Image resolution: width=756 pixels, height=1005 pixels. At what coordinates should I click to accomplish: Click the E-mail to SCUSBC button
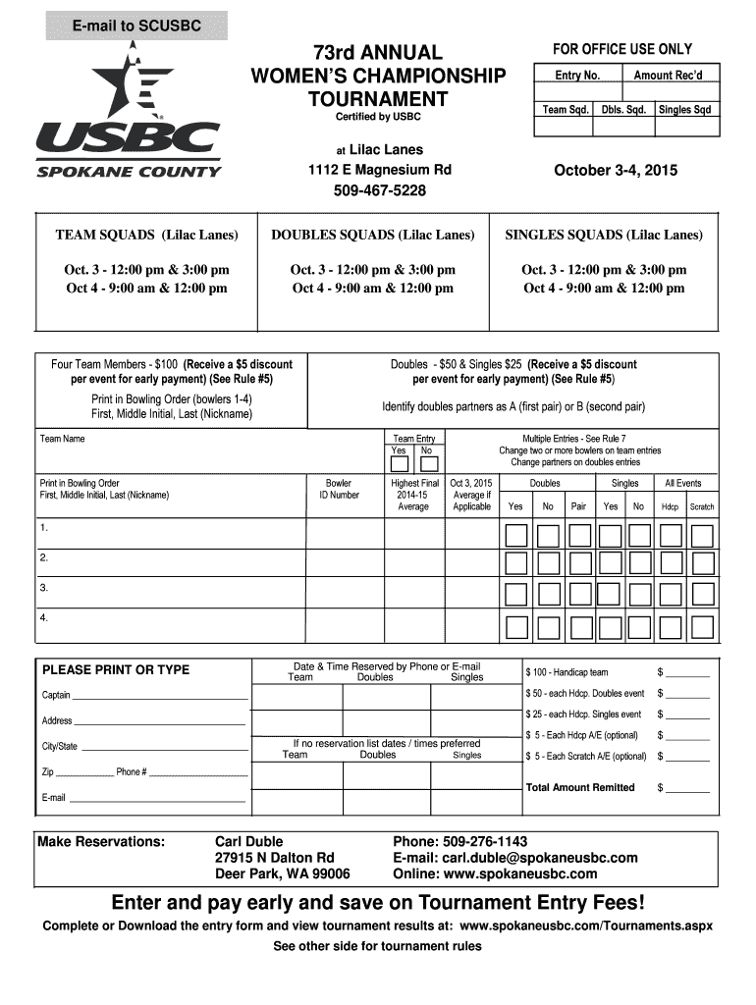135,26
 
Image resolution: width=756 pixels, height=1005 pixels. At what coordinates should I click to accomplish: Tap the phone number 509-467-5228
380,190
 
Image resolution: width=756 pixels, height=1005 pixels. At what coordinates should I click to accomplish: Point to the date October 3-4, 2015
616,171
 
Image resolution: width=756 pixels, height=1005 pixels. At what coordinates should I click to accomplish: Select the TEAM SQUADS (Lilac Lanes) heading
146,236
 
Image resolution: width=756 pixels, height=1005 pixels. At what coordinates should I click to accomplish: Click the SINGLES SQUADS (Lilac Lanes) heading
603,236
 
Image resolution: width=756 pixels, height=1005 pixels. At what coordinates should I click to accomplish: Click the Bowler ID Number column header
339,489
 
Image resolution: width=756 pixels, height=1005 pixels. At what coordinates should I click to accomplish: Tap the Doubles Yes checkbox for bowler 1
515,535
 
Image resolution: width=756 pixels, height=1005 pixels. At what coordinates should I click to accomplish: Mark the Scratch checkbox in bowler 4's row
701,626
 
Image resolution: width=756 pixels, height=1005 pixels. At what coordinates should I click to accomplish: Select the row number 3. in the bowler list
44,588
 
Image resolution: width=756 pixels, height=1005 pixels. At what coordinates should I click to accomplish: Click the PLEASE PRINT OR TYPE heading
116,670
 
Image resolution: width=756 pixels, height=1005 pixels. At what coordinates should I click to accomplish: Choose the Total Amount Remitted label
580,787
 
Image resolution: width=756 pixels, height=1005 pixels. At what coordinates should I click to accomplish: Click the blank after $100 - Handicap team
687,672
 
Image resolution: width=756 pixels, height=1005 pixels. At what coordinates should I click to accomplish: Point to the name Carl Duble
248,841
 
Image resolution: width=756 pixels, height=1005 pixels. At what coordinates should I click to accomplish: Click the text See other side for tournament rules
377,946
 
